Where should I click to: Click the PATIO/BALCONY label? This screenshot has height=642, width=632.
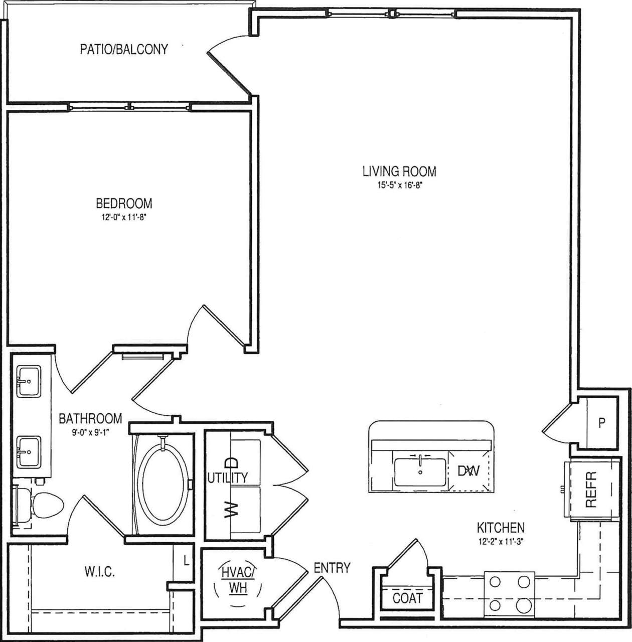124,49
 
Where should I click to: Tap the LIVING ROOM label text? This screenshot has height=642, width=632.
399,171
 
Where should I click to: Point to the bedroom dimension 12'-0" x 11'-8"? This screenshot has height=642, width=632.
124,217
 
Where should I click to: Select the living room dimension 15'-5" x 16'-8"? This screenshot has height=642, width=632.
399,185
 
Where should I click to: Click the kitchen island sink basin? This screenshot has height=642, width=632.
419,472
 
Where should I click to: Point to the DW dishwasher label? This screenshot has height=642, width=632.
468,471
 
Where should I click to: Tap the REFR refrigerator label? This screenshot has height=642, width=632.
591,489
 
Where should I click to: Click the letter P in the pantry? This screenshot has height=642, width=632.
601,423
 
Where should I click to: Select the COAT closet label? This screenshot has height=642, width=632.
407,598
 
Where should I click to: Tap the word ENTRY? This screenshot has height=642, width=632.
332,568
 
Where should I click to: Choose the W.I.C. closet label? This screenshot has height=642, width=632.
99,572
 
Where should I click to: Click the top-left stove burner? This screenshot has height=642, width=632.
495,581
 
